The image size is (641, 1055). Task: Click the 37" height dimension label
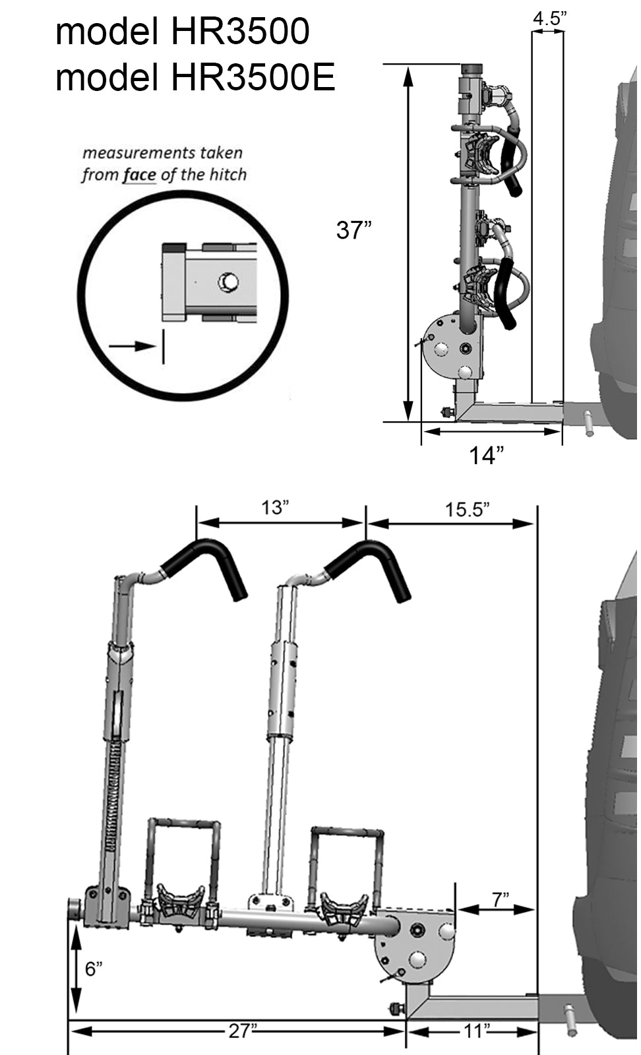(353, 230)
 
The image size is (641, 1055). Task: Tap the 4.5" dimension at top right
(549, 19)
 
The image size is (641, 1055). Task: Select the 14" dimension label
(486, 455)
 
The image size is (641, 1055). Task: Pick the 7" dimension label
(501, 898)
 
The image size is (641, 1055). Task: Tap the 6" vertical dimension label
(94, 969)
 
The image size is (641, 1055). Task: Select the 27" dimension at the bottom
(241, 1031)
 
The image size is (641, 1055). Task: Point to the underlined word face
(139, 175)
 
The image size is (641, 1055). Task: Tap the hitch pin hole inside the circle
(228, 282)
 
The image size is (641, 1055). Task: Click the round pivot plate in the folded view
(443, 346)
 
